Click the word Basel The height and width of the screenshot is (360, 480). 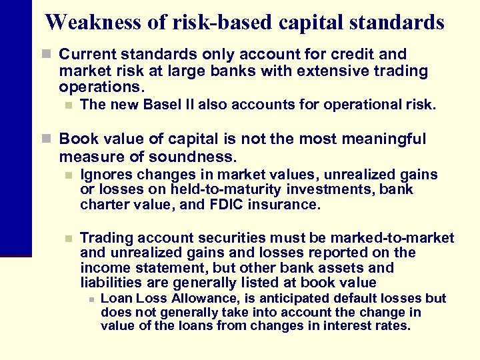point(158,105)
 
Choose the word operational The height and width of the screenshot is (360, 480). point(361,105)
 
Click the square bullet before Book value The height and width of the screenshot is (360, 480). point(46,139)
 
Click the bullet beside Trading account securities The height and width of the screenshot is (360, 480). point(67,238)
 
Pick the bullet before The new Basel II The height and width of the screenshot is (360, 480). point(67,105)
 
